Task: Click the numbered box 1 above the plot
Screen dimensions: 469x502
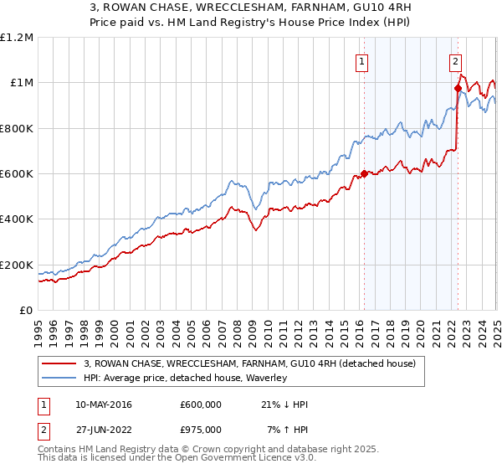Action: [363, 60]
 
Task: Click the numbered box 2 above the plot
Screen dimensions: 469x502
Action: [455, 60]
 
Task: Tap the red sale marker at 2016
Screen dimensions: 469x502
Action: [364, 174]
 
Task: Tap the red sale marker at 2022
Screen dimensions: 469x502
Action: [458, 88]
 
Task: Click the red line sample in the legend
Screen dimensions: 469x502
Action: [60, 363]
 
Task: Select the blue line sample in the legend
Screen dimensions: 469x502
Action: [60, 378]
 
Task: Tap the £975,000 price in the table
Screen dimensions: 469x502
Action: [202, 430]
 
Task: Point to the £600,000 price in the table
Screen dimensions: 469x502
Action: [202, 405]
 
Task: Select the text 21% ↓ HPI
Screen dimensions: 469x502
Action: [284, 405]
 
